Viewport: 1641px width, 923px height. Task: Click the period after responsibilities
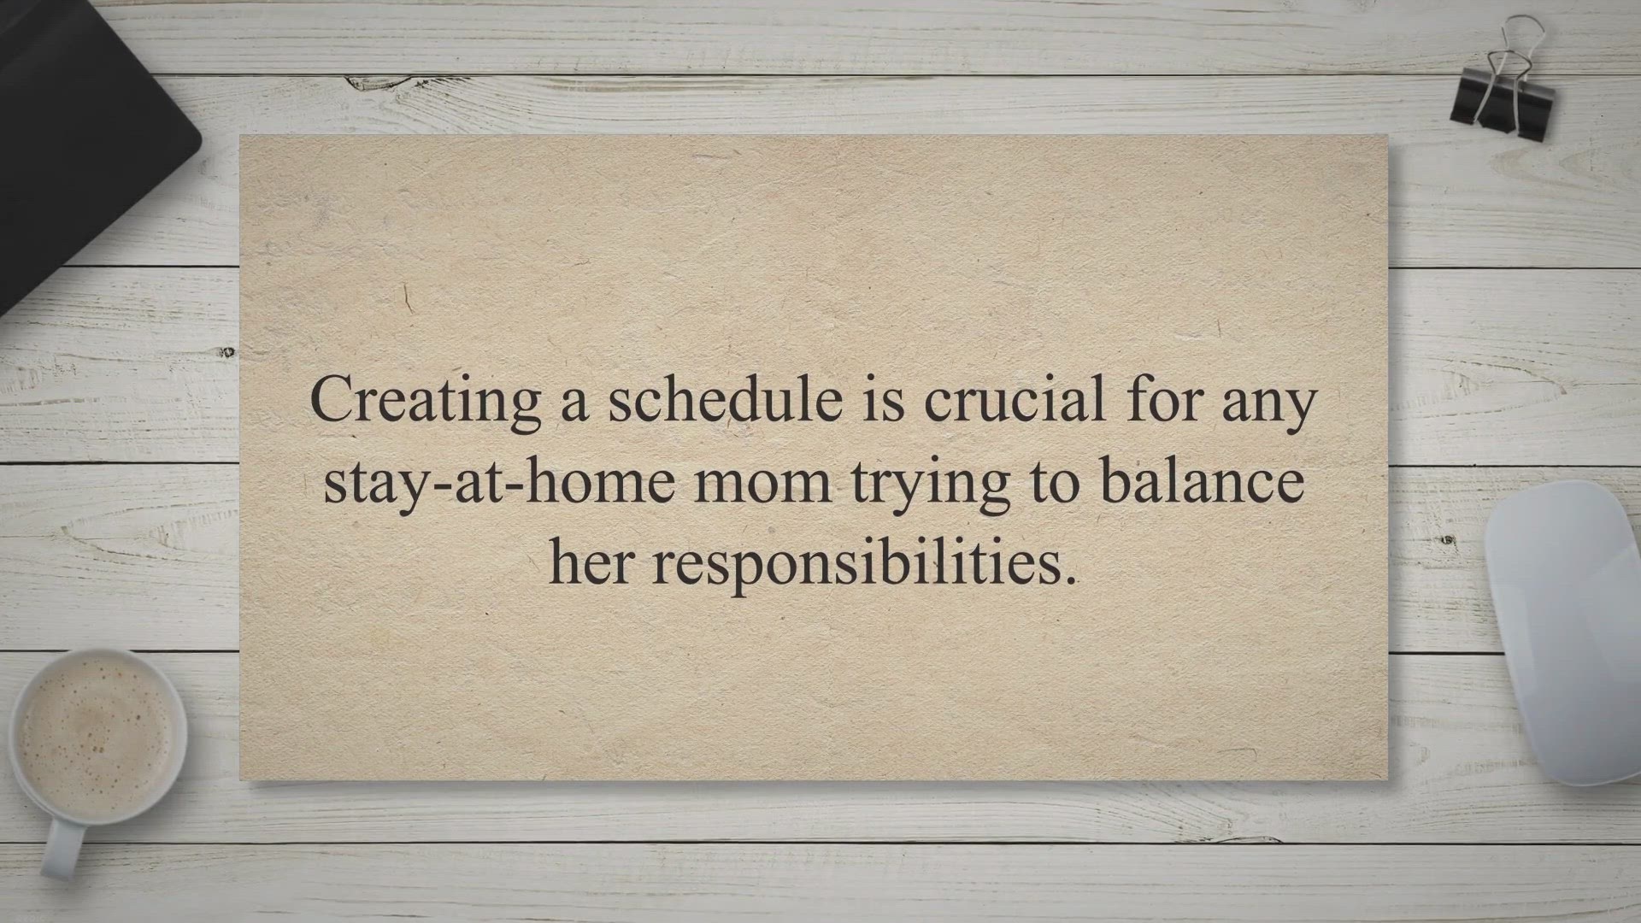[x=1071, y=582]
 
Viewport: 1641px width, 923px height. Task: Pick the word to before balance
[x=1054, y=482]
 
